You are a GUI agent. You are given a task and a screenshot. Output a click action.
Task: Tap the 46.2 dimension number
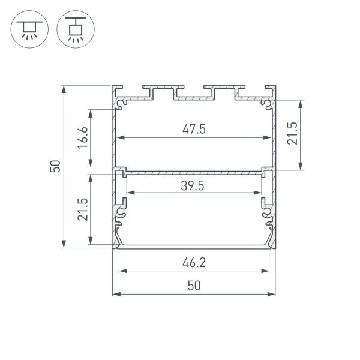click(193, 262)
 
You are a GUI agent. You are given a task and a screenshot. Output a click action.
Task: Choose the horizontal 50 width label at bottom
click(193, 286)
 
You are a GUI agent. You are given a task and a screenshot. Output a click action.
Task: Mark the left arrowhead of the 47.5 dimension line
click(119, 138)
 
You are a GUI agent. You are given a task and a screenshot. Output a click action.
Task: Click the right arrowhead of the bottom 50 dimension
click(273, 294)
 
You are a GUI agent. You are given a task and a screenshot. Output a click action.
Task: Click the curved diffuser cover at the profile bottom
click(193, 246)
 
